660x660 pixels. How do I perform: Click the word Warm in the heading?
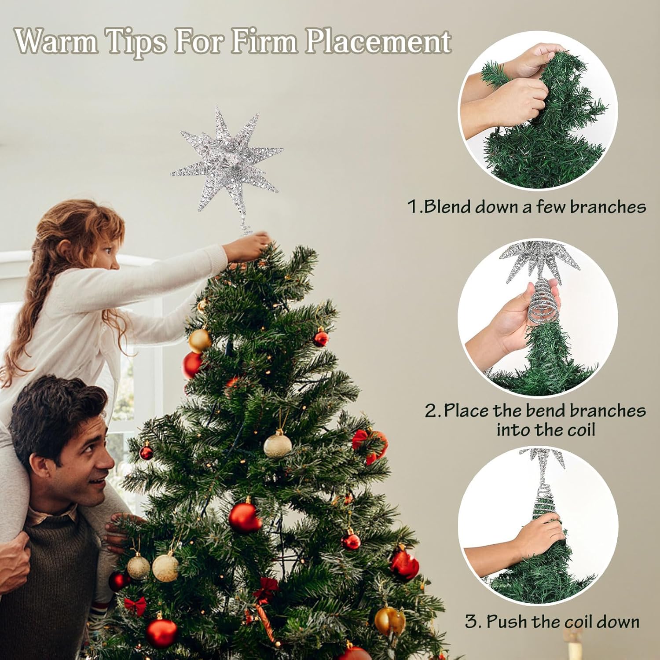(x=56, y=41)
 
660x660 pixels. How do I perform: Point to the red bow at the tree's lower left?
(x=135, y=606)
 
